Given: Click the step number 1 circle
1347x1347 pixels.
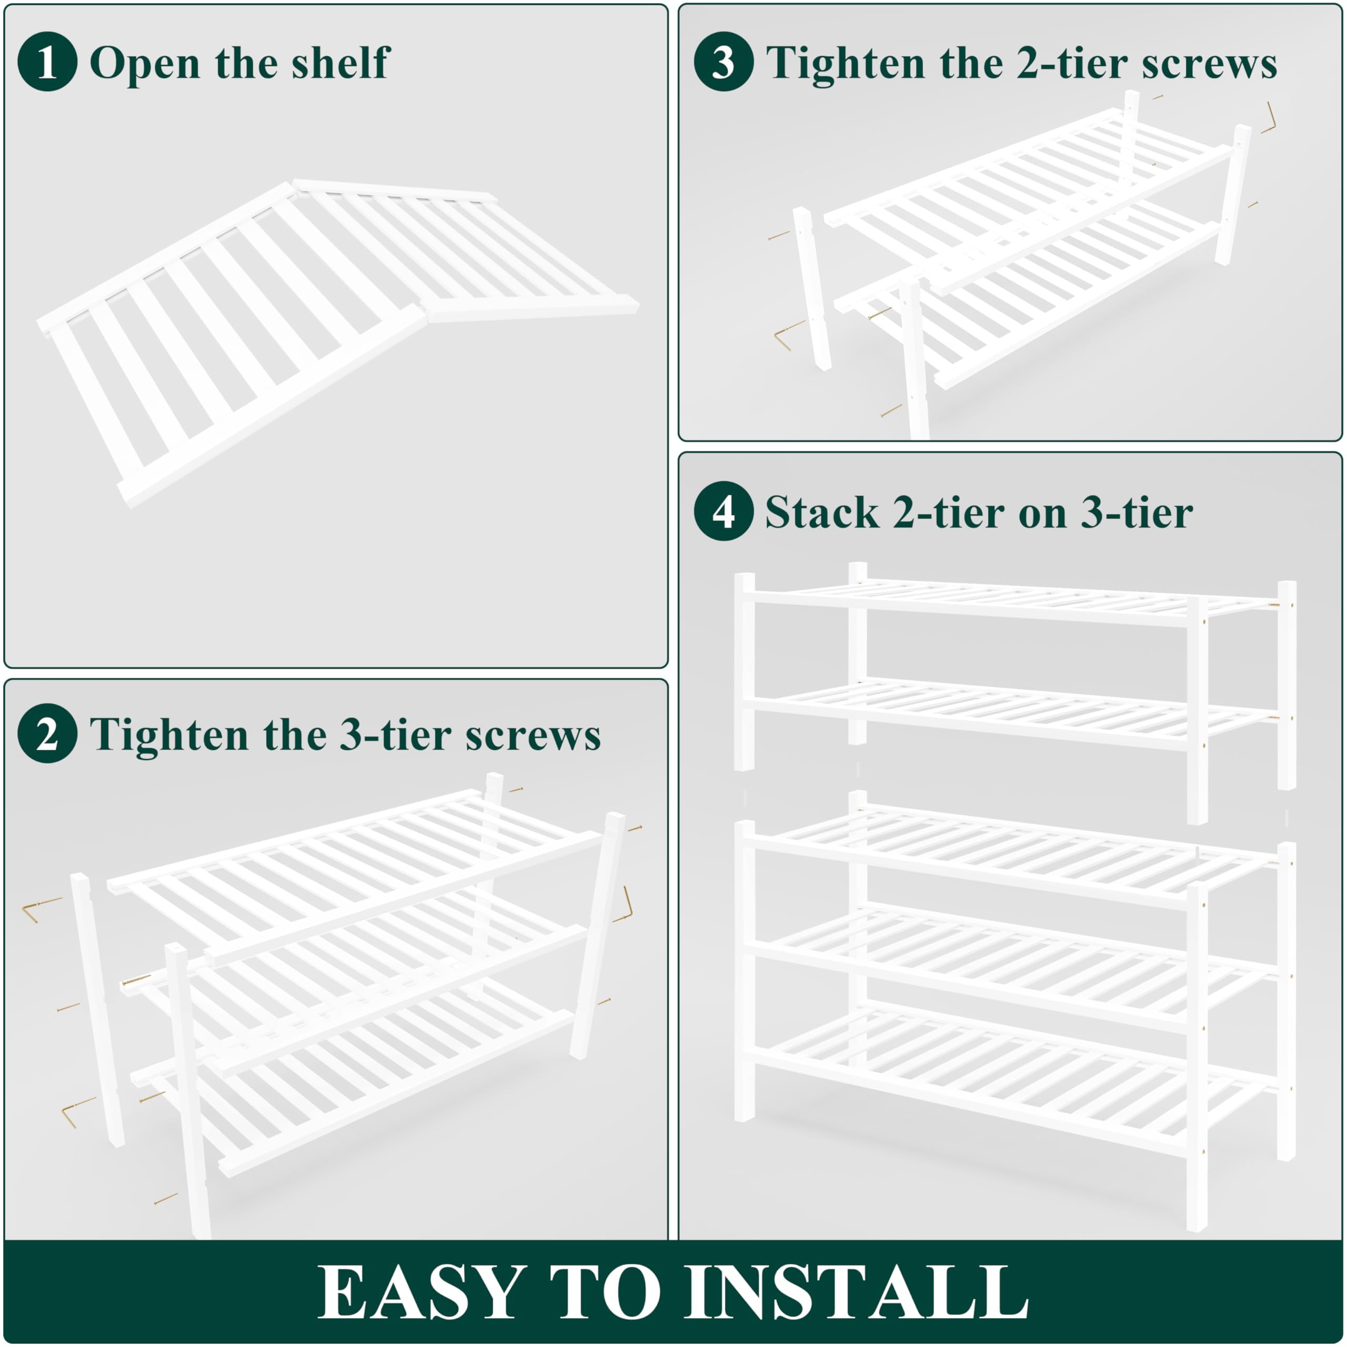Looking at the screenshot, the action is (x=47, y=62).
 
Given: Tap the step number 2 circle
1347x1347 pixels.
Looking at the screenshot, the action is (x=47, y=734).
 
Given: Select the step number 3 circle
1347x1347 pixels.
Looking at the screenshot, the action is (x=723, y=62).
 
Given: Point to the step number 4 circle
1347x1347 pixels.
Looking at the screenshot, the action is (x=723, y=512).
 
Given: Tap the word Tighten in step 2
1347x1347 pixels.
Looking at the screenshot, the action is (x=169, y=736).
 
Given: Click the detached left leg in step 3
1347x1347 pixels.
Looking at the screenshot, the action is (x=811, y=289).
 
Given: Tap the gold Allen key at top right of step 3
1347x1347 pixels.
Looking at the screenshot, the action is (x=1268, y=118).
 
